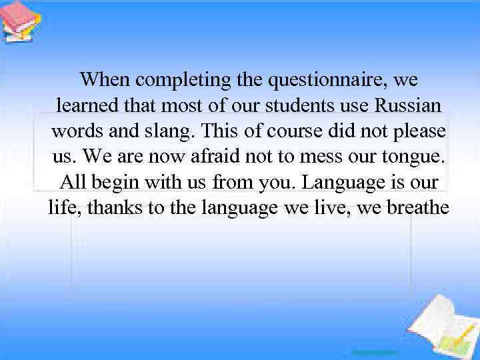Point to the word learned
click(89, 106)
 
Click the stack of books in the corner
click(20, 21)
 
